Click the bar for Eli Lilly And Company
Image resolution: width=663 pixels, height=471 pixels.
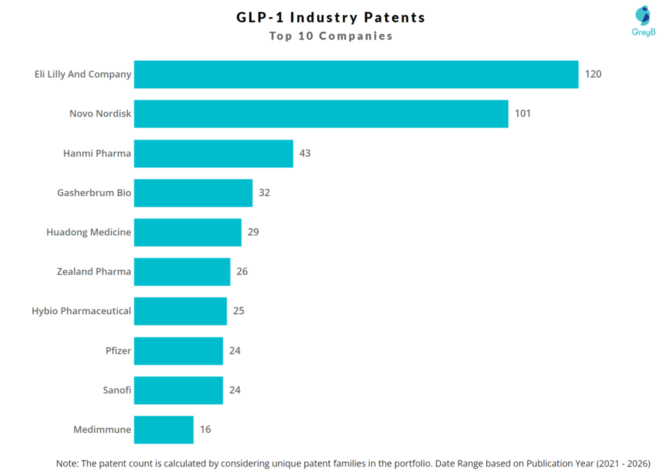[356, 75]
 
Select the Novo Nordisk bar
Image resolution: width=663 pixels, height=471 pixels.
[320, 114]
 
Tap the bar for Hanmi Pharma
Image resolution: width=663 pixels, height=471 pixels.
[214, 154]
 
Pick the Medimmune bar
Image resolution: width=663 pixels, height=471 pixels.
[164, 430]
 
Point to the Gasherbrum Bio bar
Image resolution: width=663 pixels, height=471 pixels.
[193, 193]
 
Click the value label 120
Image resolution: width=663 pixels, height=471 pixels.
[593, 75]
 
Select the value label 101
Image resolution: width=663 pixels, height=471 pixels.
[523, 114]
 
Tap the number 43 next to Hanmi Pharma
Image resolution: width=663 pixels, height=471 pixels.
[305, 154]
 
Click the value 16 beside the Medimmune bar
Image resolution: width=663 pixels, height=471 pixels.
[205, 430]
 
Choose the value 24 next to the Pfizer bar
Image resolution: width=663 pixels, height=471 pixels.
[235, 350]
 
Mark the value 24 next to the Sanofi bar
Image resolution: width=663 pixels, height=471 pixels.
[235, 390]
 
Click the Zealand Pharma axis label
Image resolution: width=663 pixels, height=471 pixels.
[94, 271]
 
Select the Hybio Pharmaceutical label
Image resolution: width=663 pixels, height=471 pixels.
[82, 311]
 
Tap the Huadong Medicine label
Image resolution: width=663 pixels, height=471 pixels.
[89, 232]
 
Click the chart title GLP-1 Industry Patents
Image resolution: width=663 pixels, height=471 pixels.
[331, 17]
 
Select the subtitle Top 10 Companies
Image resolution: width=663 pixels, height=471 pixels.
[331, 36]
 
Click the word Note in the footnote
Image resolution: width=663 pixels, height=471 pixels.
[68, 463]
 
